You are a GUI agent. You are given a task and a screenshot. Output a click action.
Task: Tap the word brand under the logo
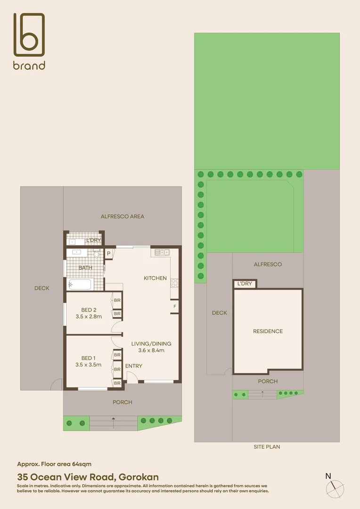tap(29, 66)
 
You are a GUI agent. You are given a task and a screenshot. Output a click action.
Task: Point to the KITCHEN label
tap(155, 278)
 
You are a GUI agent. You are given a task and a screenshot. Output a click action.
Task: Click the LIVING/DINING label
tap(151, 344)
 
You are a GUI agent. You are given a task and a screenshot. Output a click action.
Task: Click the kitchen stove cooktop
tap(174, 283)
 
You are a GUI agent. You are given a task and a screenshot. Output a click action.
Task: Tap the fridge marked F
tap(175, 306)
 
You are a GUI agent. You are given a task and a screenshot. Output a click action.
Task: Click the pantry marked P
tap(108, 254)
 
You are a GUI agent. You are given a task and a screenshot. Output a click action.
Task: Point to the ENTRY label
tap(133, 366)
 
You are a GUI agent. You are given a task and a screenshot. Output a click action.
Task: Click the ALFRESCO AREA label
tap(123, 216)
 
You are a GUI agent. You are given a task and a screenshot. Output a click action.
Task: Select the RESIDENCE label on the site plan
tap(268, 331)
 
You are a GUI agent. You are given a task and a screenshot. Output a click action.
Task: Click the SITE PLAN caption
tap(267, 447)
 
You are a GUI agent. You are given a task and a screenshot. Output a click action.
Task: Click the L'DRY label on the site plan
tap(245, 284)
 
